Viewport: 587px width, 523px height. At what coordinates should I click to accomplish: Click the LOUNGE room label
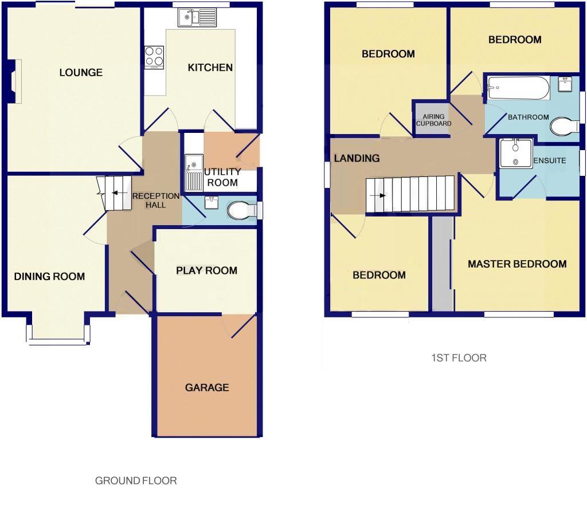pos(81,73)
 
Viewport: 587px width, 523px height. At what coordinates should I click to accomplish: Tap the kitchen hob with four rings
pos(154,56)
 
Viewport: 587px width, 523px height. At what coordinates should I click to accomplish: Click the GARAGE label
pos(207,388)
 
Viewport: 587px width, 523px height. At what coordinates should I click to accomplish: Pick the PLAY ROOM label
pos(206,270)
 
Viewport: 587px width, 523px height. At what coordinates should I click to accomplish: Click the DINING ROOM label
pos(49,277)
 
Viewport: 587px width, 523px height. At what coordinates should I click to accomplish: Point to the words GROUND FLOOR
pos(136,481)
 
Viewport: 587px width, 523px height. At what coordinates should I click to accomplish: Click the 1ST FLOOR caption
pos(459,358)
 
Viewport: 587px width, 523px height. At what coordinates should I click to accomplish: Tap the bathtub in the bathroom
pos(518,88)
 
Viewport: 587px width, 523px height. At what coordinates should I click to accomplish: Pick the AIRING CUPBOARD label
pos(433,120)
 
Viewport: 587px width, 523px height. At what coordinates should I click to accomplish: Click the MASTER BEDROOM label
pos(517,264)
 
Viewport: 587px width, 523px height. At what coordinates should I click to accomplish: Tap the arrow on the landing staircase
pos(379,195)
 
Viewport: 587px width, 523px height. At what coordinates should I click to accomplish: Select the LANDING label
pos(357,158)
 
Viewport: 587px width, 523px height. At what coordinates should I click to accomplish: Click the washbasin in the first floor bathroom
pos(566,84)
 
